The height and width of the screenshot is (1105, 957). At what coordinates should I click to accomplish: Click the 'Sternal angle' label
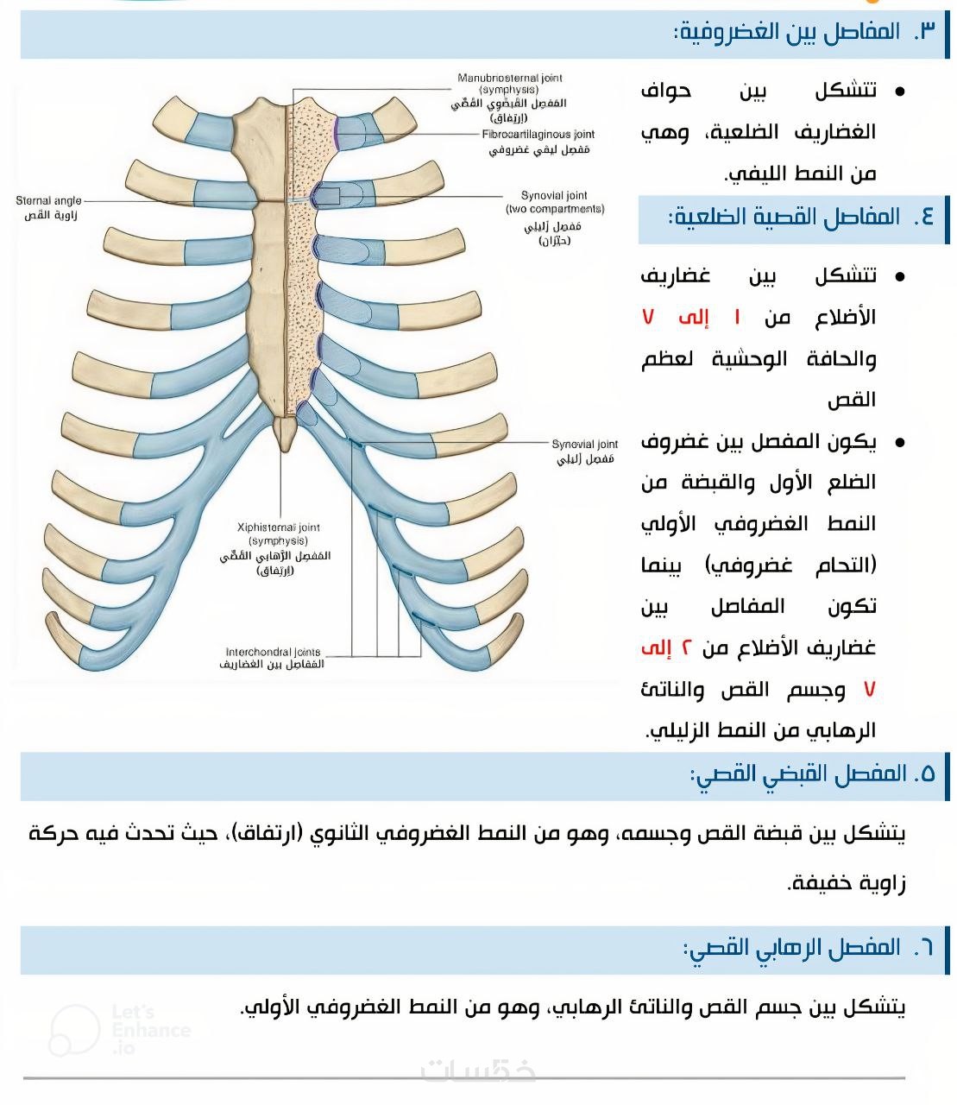coord(48,200)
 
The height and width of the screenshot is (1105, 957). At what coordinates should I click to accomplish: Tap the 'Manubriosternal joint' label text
coord(509,78)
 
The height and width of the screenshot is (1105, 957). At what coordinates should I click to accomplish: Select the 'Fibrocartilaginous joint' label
coord(538,134)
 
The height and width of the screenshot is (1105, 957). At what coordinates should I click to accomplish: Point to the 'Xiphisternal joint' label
coord(278,527)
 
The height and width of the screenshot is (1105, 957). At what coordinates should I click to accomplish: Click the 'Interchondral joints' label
coord(273,652)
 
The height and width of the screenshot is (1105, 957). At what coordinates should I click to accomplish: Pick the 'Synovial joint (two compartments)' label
coord(554,202)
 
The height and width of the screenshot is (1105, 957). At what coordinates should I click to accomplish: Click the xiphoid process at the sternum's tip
coord(285,432)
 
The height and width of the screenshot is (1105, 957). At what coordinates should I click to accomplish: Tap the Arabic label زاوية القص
coord(51,215)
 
